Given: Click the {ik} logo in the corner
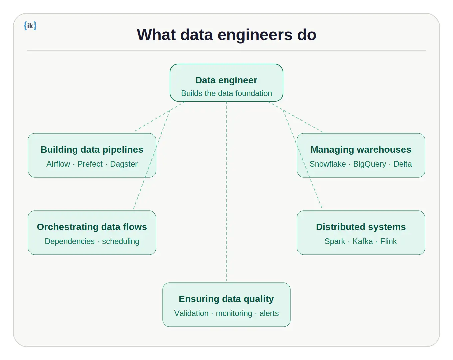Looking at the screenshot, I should (30, 26).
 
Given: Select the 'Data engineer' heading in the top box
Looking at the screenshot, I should (226, 80).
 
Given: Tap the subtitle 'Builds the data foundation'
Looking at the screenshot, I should (226, 93).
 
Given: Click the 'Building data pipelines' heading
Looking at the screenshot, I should (92, 150).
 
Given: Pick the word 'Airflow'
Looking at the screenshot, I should (58, 164).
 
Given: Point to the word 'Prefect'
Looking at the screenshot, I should (90, 164).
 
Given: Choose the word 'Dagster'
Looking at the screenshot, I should (124, 164).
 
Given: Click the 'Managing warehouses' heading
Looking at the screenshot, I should (361, 150).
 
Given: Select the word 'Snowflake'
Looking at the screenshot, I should (327, 164).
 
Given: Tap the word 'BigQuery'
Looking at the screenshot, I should (369, 164).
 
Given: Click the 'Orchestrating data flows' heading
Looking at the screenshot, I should (92, 227).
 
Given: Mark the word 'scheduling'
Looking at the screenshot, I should (120, 241).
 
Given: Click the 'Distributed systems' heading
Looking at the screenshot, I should (361, 227).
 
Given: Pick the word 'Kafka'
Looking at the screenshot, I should (362, 241).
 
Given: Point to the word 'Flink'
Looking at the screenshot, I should (388, 241).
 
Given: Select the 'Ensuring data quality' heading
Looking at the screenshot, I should (226, 299).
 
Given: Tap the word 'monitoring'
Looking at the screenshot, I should (234, 313).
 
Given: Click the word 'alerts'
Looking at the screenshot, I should (269, 313).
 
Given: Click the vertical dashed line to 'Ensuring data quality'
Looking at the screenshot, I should (226, 200).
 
